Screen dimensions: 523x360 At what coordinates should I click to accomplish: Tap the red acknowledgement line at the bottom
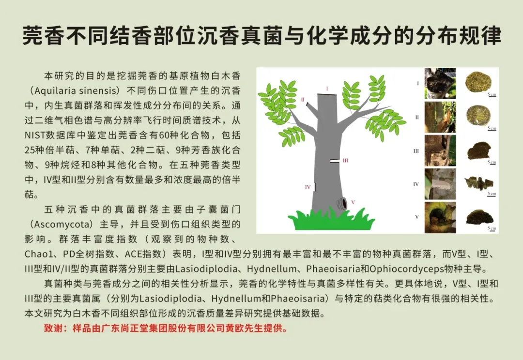pos(166,329)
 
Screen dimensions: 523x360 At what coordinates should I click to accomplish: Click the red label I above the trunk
pos(327,89)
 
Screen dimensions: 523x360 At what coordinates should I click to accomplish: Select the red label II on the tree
pos(303,99)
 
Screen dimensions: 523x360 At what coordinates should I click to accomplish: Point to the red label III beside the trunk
pos(345,160)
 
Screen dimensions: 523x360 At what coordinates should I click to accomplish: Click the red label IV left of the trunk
pos(308,187)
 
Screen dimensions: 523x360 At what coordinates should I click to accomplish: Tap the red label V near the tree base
pos(353,202)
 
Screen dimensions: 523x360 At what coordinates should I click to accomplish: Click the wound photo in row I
pos(440,84)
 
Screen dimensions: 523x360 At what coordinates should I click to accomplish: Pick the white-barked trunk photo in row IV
pos(440,184)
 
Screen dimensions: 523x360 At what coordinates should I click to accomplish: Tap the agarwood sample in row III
pos(479,150)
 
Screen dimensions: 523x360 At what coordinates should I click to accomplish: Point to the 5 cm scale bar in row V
pos(492,229)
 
